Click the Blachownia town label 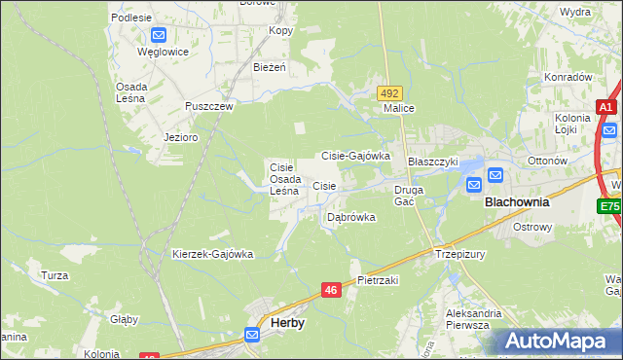517,202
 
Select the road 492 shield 390,92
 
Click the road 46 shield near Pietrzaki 331,290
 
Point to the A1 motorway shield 605,108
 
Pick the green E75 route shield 609,206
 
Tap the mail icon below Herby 252,335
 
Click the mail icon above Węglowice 159,34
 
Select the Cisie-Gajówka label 356,156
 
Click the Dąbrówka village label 351,217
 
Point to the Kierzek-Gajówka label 212,254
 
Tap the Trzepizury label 461,254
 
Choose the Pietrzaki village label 378,279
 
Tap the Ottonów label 547,161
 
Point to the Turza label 55,275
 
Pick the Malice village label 399,108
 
